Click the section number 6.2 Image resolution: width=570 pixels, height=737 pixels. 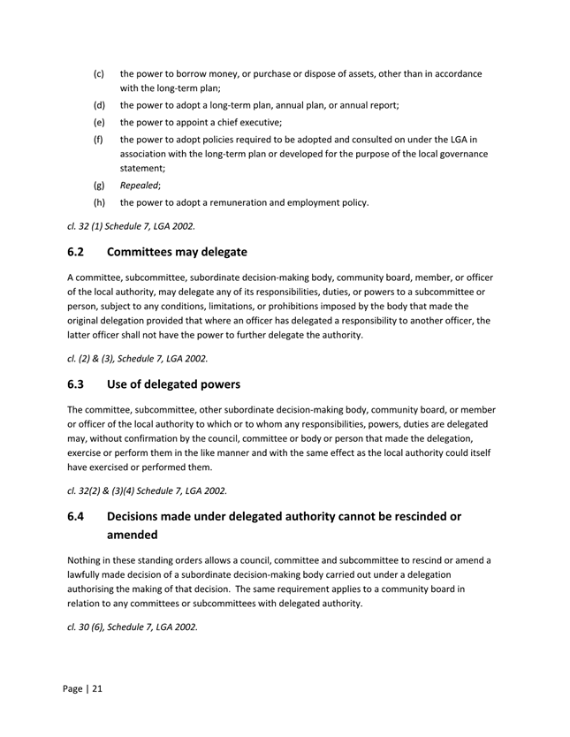tap(78, 252)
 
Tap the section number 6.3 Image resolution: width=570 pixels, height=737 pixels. tap(78, 384)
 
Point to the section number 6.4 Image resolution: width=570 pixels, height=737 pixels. tap(78, 516)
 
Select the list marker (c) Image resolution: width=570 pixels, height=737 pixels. tap(99, 74)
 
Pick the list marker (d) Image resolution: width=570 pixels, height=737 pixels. tap(99, 105)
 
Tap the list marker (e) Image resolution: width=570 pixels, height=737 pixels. tap(99, 123)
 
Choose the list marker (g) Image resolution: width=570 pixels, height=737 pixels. tap(99, 186)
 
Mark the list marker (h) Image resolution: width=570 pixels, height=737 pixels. tap(99, 202)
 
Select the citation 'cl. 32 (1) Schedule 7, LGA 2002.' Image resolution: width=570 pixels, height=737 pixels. tap(131, 225)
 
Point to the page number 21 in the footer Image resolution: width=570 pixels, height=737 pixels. tap(96, 688)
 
